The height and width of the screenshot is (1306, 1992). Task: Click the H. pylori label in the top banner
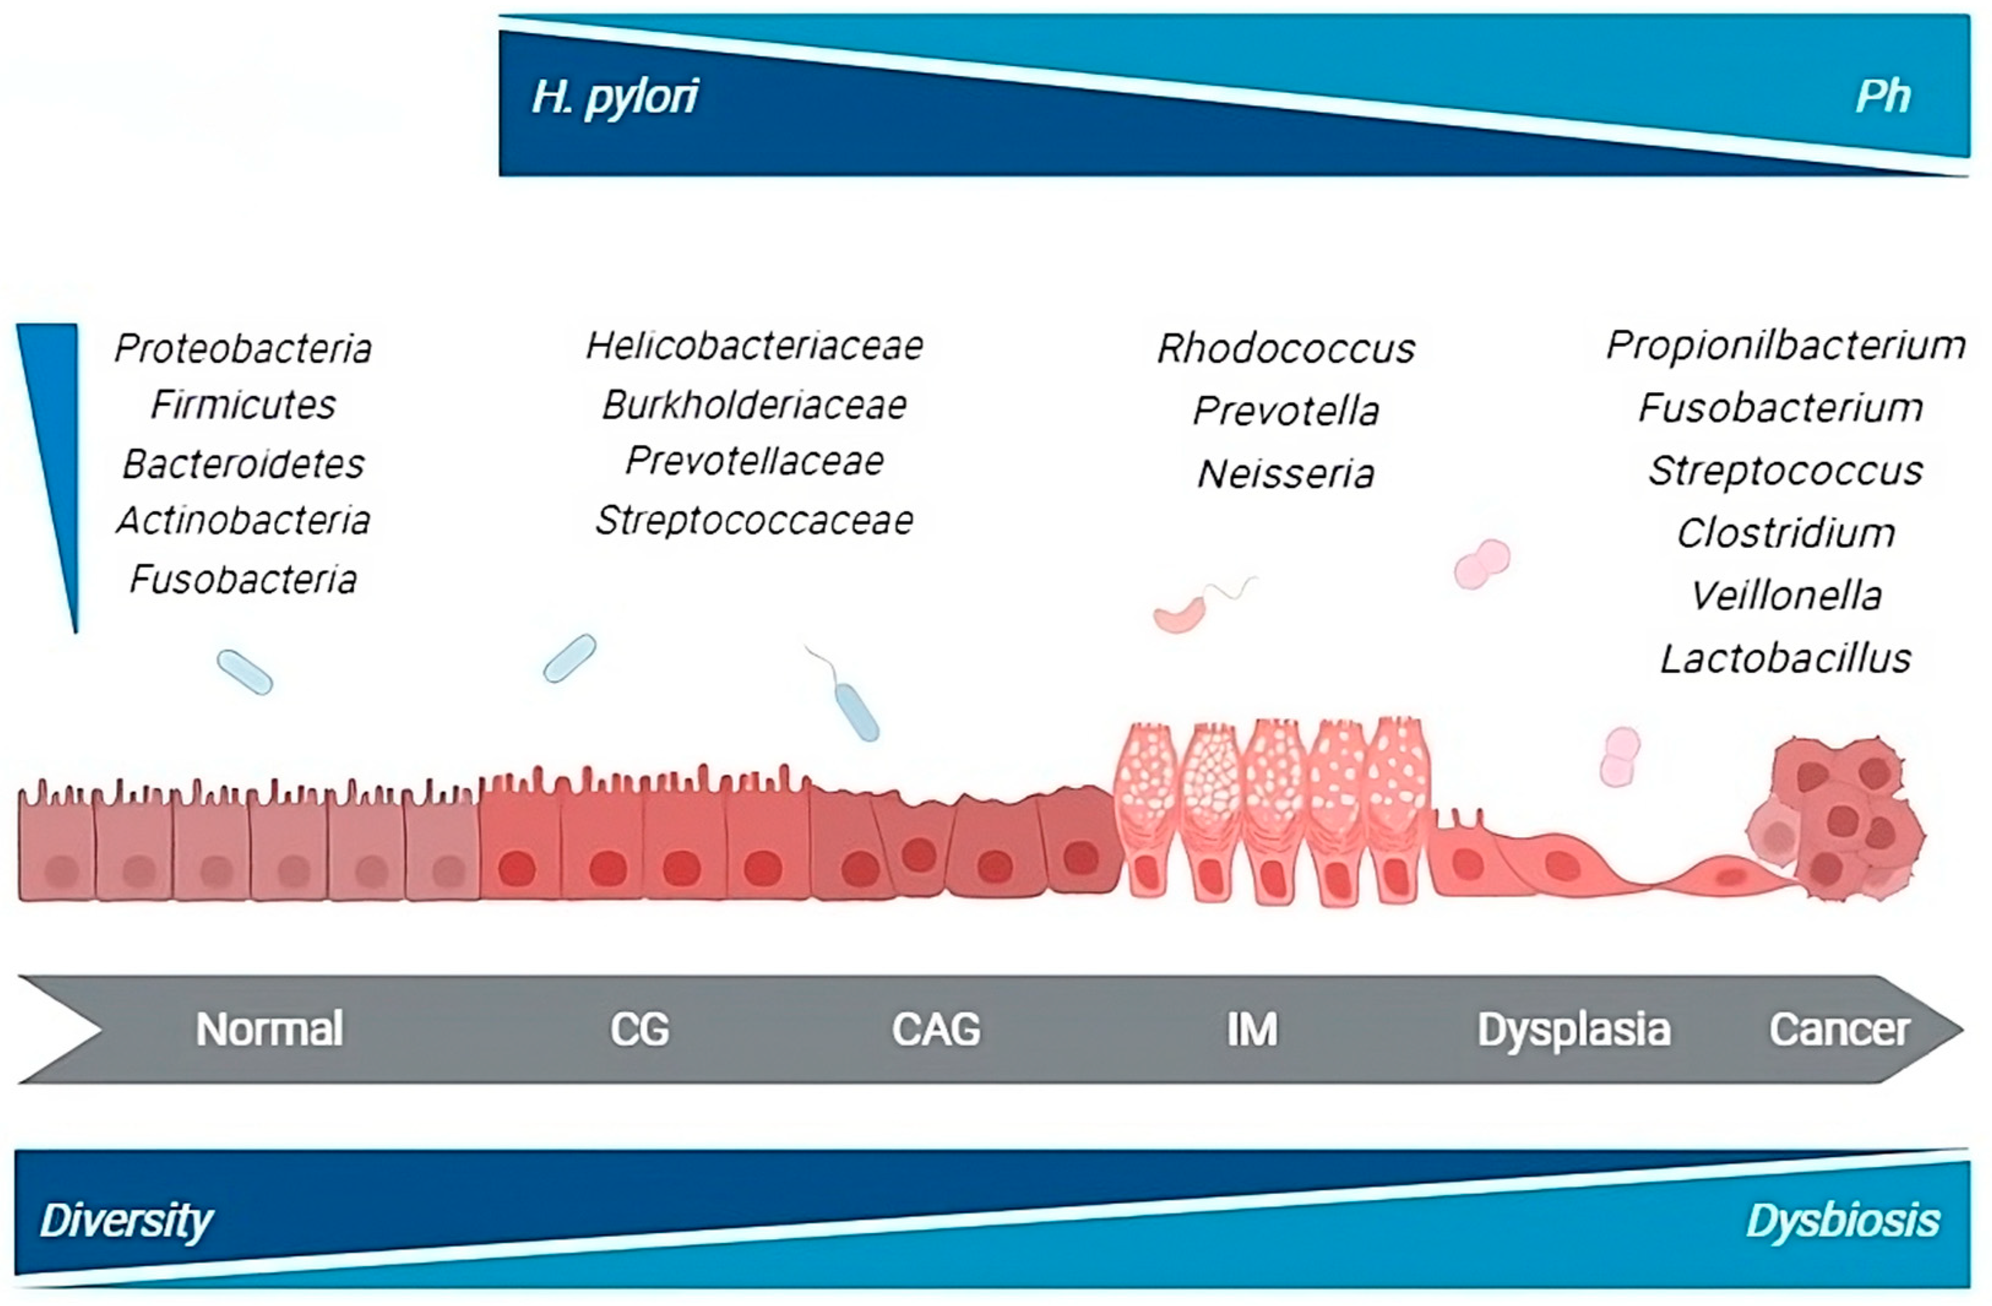615,97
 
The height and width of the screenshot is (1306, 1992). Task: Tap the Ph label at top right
1882,97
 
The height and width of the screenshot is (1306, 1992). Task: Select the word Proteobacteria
243,348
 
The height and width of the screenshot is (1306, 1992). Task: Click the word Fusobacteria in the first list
243,579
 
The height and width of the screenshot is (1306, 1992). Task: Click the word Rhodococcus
1286,348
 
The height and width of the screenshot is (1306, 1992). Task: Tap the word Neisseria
1286,474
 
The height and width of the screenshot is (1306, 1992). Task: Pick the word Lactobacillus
1786,659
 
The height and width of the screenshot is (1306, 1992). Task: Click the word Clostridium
1786,533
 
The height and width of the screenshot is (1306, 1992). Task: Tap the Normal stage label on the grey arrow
270,1029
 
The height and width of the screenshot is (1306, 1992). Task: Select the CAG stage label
936,1029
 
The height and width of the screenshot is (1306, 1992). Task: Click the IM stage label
1252,1029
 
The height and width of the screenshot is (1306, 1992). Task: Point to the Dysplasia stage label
1574,1029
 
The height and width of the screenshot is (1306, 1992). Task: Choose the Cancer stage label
1839,1029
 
